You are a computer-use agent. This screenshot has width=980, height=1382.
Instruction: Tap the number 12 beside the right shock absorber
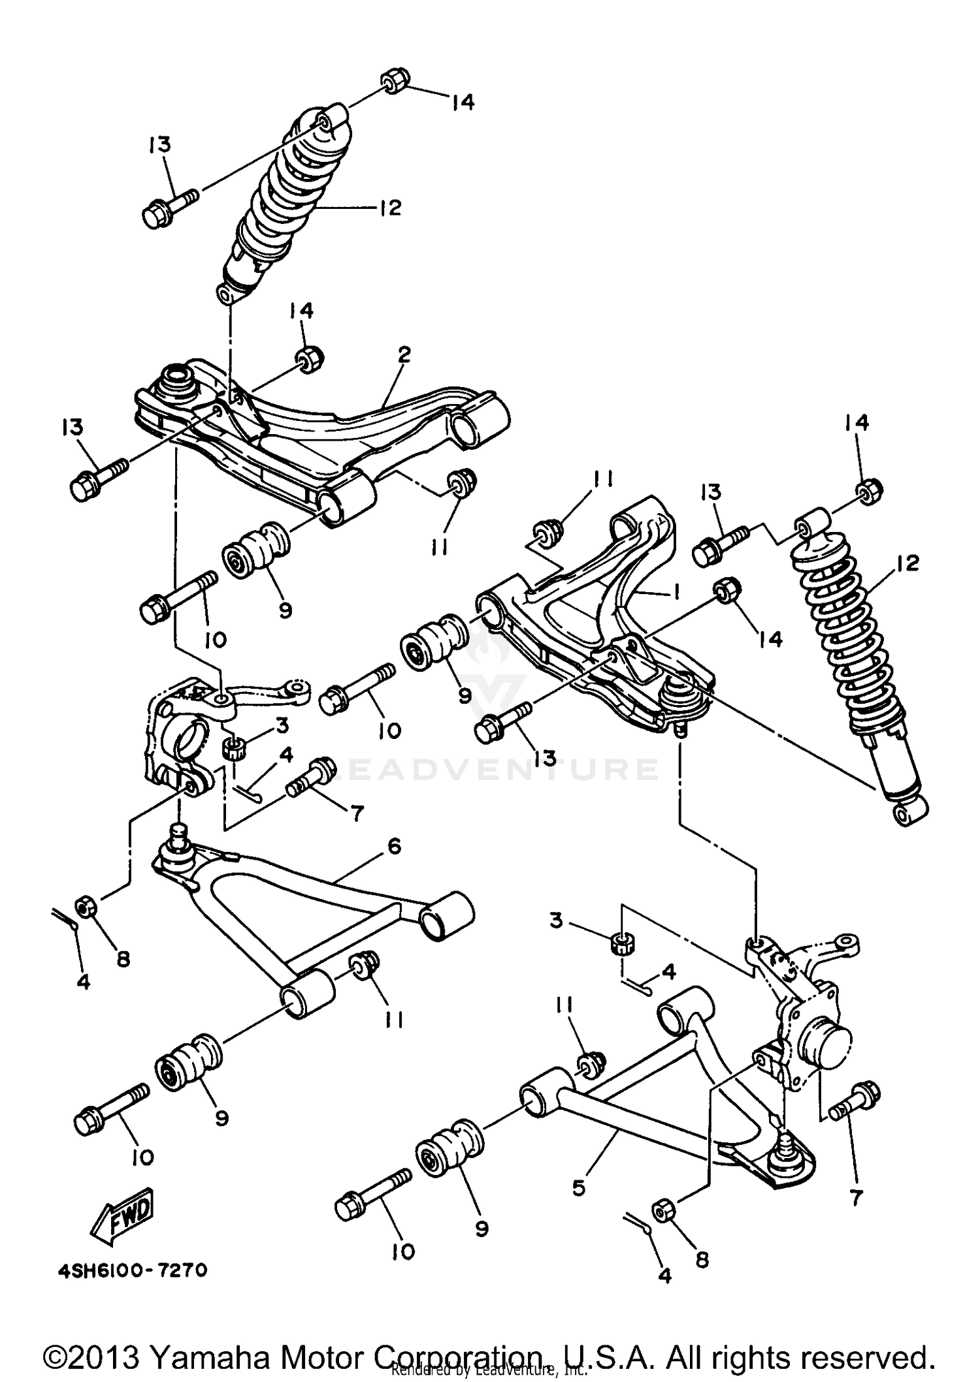908,563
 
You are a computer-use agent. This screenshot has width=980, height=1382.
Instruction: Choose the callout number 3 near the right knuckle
556,921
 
